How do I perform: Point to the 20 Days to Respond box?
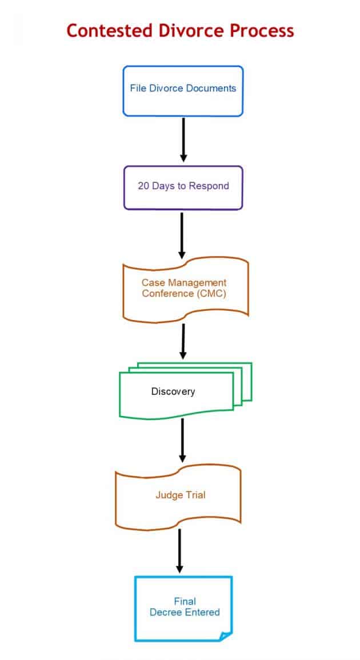(183, 187)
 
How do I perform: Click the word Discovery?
(173, 391)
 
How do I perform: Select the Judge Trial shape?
(178, 495)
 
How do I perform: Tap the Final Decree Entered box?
(184, 607)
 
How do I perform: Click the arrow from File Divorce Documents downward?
(183, 139)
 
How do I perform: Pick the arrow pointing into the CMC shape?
(182, 235)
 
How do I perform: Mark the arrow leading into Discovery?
(183, 341)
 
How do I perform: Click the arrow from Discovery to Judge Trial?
(182, 439)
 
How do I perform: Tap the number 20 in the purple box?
(143, 186)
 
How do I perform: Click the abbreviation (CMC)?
(210, 294)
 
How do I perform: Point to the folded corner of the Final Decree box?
(226, 635)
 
